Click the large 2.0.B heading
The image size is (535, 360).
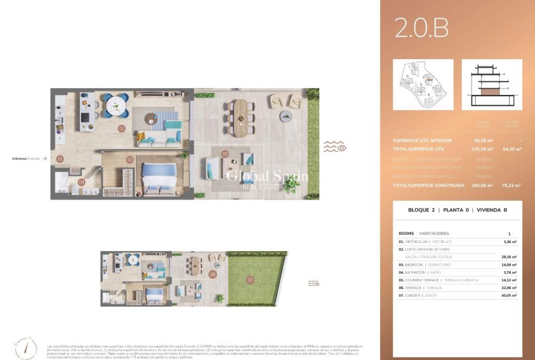(x=421, y=28)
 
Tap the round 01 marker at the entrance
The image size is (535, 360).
(x=60, y=159)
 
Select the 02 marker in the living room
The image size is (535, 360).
(x=121, y=128)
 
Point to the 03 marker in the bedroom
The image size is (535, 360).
(x=130, y=160)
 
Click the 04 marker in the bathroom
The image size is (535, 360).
(x=81, y=182)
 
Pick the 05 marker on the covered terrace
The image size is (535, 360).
(x=225, y=154)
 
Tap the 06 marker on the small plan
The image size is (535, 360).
(x=213, y=274)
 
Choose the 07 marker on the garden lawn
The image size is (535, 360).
(x=250, y=279)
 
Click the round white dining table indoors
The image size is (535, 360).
(x=116, y=105)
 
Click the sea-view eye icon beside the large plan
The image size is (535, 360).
(x=334, y=147)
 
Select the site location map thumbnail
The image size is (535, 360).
(x=422, y=84)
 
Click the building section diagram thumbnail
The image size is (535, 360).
(x=491, y=84)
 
